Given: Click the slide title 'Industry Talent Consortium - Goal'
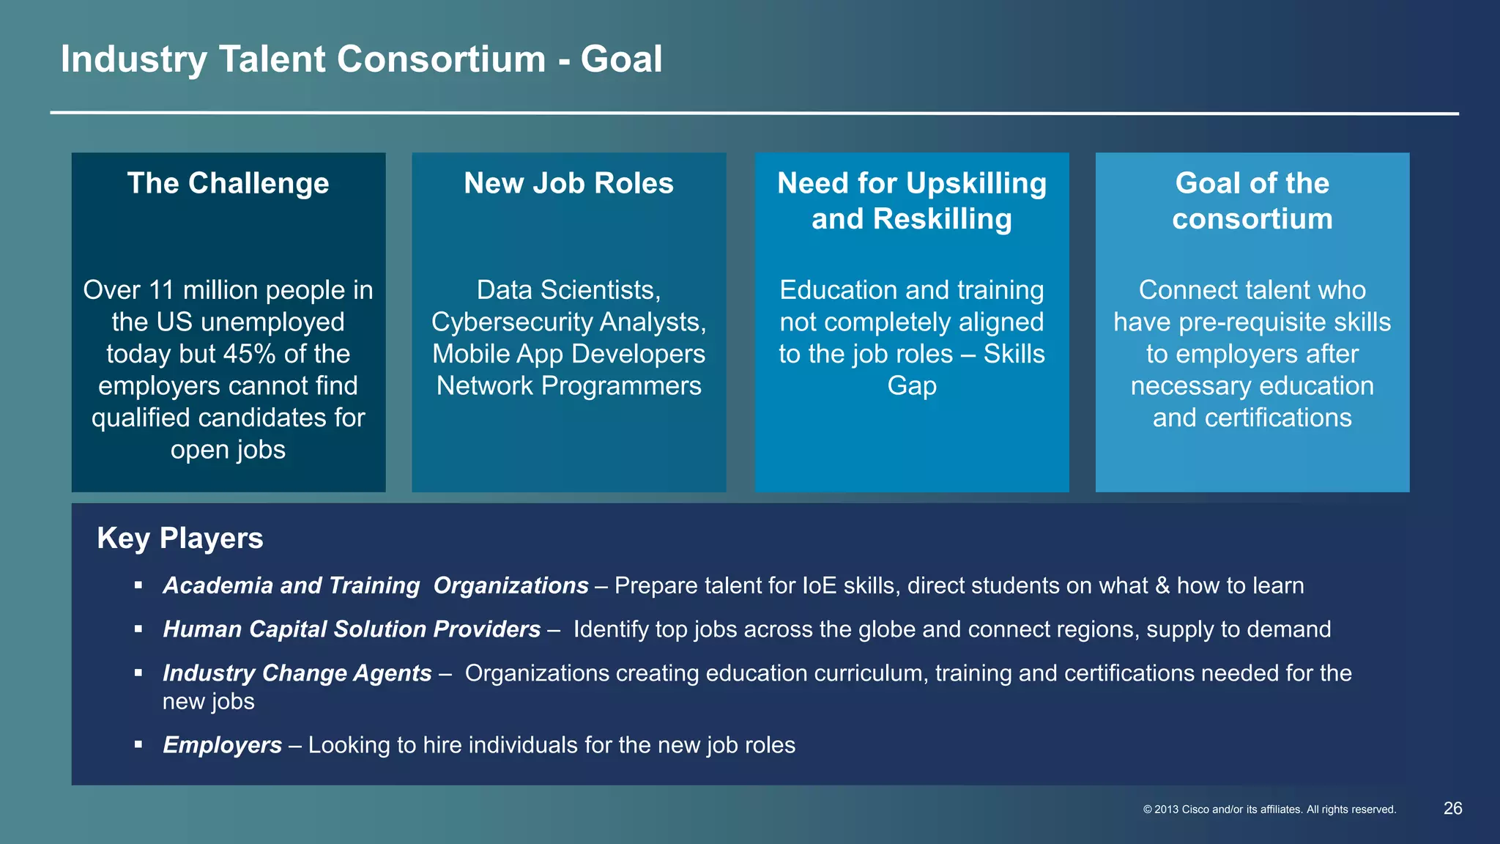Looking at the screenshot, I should (x=361, y=59).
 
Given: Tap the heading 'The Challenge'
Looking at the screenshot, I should (x=228, y=183).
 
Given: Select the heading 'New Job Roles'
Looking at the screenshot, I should (x=568, y=183).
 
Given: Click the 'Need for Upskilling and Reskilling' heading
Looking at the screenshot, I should (x=912, y=201).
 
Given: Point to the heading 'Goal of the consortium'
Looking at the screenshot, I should (x=1252, y=201).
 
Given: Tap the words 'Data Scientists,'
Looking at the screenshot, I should (x=568, y=290).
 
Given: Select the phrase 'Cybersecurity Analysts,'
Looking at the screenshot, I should (x=568, y=322).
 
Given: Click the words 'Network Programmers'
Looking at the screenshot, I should (x=568, y=386).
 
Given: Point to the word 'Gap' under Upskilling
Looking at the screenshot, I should (x=912, y=386).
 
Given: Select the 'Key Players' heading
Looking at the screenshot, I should (x=180, y=538).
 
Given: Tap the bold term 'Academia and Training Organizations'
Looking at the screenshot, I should (x=375, y=585).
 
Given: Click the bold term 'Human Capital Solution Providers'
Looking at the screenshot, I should (x=352, y=629).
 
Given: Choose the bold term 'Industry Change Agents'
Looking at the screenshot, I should (x=297, y=673).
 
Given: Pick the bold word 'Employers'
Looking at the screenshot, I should (x=222, y=745).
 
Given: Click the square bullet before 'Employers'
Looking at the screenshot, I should (x=138, y=745).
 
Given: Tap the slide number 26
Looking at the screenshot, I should (x=1452, y=808).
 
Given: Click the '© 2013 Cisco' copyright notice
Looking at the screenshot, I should (x=1269, y=810).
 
